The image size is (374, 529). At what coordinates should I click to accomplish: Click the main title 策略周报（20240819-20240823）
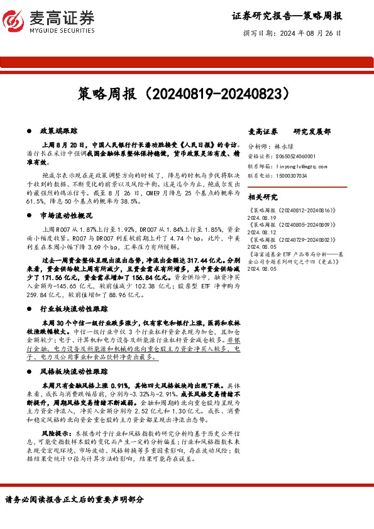[186, 94]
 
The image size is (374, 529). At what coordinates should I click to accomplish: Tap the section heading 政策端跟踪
[58, 131]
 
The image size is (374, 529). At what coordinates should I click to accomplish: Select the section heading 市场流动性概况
[67, 215]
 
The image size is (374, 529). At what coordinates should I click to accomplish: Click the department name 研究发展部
[312, 131]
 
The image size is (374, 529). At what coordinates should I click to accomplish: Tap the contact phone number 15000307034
[290, 177]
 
